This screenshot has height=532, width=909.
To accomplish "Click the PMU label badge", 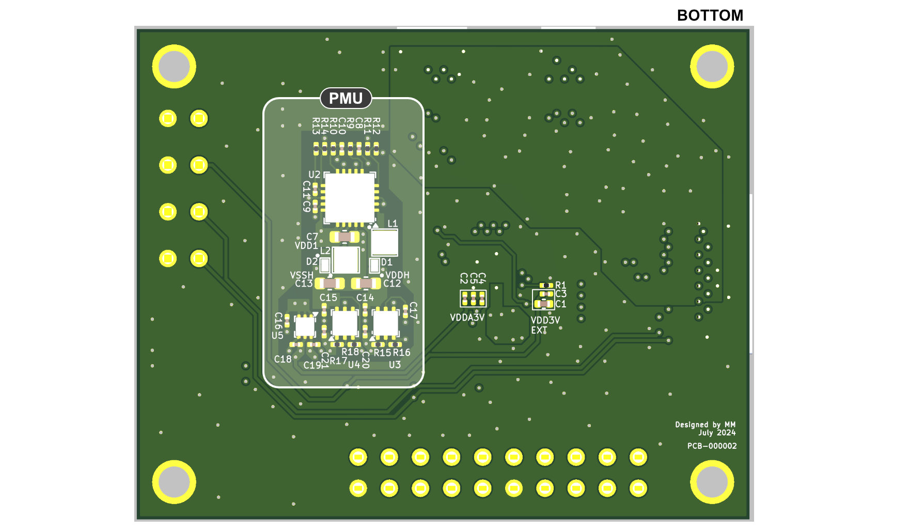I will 346,98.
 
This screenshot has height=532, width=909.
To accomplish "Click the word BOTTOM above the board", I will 710,15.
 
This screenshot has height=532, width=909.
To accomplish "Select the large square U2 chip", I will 350,198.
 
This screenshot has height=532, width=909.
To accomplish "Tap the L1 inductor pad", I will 384,242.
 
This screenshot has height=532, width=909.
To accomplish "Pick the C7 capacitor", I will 344,237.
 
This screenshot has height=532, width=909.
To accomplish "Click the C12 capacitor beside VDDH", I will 366,283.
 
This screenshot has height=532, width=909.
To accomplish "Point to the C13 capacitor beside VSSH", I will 330,283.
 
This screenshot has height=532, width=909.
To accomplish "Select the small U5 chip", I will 304,326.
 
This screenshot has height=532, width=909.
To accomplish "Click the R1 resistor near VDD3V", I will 546,285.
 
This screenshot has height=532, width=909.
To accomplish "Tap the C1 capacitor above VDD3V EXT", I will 544,304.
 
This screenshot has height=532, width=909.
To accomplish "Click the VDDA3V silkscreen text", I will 467,318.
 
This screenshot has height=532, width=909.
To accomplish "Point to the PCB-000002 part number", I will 712,446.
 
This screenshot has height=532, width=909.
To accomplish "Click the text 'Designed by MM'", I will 705,425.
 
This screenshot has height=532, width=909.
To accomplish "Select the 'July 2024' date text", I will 717,433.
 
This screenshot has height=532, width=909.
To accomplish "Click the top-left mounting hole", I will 174,66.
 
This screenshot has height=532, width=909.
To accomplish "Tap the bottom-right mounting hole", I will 712,481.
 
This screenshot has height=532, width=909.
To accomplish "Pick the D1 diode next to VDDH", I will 374,265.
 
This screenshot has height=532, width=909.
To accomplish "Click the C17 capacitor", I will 405,311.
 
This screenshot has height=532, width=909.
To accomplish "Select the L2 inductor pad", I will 346,260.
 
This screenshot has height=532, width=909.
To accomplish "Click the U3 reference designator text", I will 395,365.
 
